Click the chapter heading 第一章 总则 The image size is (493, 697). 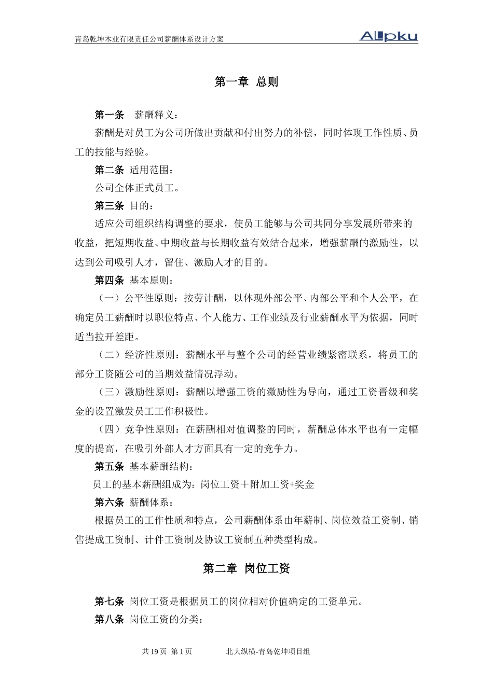(x=246, y=82)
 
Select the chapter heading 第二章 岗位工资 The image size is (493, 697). (x=246, y=568)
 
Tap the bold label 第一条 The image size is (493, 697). (x=109, y=115)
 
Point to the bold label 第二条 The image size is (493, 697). (x=109, y=170)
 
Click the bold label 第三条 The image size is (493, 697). (x=109, y=206)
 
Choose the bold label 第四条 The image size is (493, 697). (x=109, y=281)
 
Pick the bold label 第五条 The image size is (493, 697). (x=109, y=466)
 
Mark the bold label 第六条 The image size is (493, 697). (x=109, y=502)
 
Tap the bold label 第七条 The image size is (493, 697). (x=109, y=602)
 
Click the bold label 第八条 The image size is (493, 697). (x=109, y=619)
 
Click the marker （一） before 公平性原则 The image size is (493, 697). (x=109, y=298)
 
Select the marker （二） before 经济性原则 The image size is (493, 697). (x=109, y=355)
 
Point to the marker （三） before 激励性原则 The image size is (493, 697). (x=109, y=392)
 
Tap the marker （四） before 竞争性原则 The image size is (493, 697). (x=109, y=429)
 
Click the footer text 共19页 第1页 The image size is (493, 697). (x=167, y=651)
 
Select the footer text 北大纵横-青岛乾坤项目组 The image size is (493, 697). (x=268, y=651)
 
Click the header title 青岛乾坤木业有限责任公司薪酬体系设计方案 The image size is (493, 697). (x=149, y=39)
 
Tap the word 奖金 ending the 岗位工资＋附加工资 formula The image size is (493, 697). (x=305, y=484)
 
